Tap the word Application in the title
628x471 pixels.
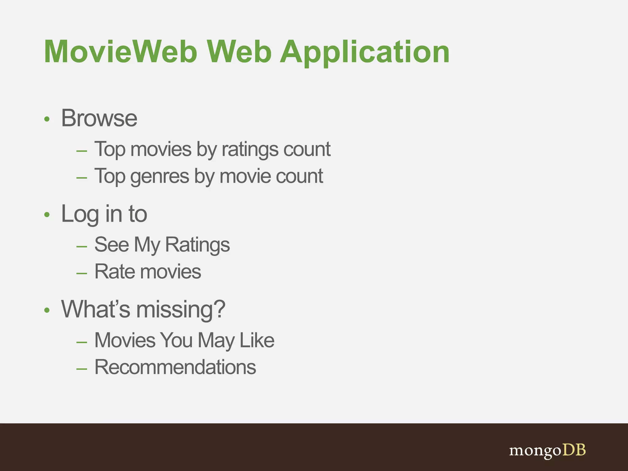pos(365,52)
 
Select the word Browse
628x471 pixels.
pos(99,118)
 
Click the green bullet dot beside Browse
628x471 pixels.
pos(47,119)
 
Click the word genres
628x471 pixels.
pos(160,177)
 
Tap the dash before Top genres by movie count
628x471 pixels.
pos(82,178)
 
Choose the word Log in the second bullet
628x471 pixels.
pos(80,214)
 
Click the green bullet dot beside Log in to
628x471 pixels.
pos(47,215)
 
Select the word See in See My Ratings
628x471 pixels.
pos(112,245)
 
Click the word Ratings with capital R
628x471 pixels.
pos(197,245)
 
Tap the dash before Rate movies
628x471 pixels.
pos(82,273)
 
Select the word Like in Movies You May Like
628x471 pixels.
pos(257,340)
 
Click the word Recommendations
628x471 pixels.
pos(175,367)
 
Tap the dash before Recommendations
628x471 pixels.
pos(82,369)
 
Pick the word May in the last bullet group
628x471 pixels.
pos(216,341)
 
